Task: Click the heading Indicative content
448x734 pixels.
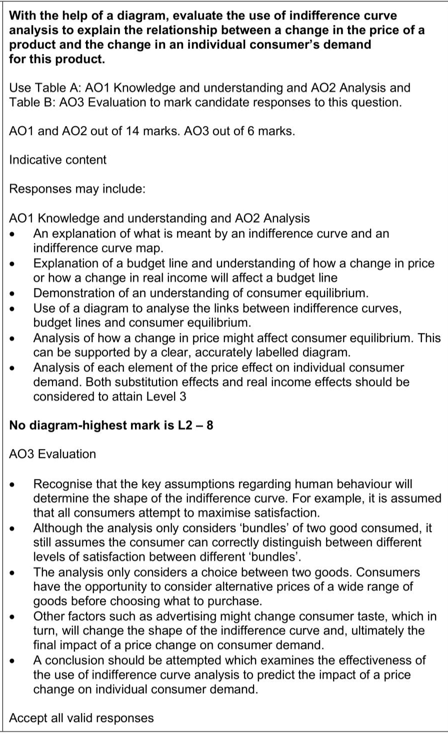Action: point(58,160)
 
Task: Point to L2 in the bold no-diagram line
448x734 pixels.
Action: point(185,426)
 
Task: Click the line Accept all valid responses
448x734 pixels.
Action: point(82,718)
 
